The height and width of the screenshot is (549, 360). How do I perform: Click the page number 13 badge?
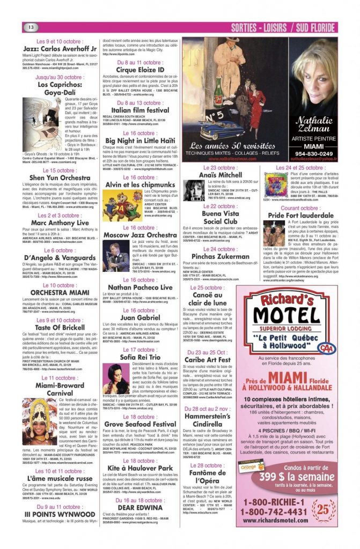pyautogui.click(x=31, y=27)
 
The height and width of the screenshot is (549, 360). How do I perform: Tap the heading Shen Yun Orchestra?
pyautogui.click(x=60, y=178)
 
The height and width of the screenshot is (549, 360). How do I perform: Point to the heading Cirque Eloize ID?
pyautogui.click(x=140, y=70)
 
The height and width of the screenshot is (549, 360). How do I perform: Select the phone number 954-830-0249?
pyautogui.click(x=313, y=153)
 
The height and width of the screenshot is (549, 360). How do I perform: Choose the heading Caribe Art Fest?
pyautogui.click(x=207, y=359)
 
